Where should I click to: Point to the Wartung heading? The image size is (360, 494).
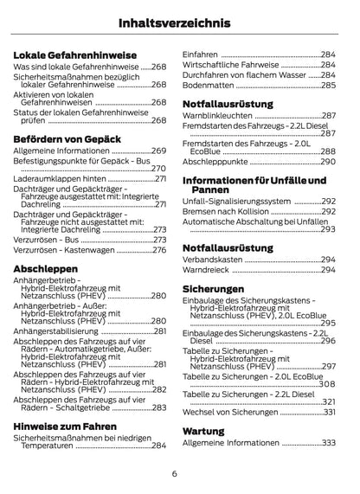click(204, 429)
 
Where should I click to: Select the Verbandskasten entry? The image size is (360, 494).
click(213, 259)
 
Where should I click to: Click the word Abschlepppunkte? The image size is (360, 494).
click(215, 160)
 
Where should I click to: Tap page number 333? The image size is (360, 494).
click(327, 442)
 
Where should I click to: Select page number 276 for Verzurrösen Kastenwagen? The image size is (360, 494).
click(158, 250)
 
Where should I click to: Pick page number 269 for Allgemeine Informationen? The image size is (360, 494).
click(158, 151)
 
